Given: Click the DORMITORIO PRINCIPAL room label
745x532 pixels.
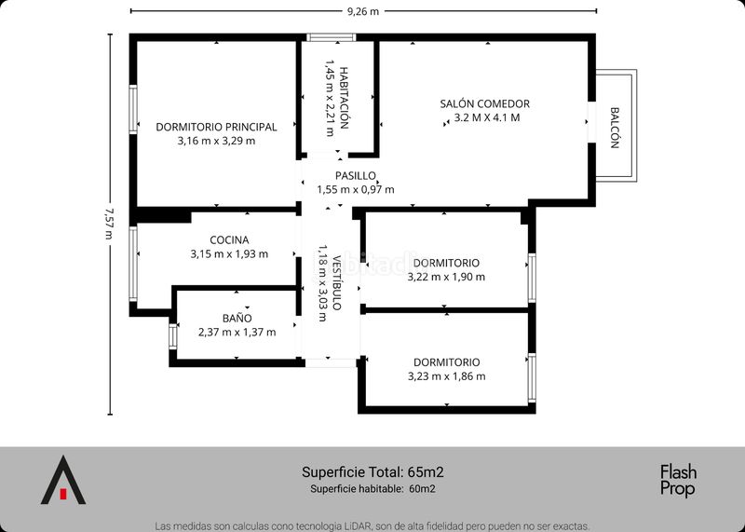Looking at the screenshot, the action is coord(216,127).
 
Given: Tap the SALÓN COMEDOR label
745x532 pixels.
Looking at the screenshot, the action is coord(484,103).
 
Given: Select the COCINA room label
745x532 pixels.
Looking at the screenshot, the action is coord(229,240).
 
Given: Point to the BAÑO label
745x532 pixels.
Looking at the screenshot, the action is coord(237,318).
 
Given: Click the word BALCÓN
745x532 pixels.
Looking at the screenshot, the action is coord(615,128).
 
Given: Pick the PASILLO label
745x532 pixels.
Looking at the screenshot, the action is coord(356,176).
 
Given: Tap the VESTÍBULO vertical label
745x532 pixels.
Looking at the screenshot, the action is coord(336,283).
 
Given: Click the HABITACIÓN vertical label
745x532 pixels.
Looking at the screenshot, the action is coord(344,98).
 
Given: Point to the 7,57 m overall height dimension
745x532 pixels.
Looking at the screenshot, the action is coord(110,224).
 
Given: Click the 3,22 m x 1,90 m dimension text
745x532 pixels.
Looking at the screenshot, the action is coord(446,277).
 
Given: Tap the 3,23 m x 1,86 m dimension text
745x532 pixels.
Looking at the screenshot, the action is coord(447,376).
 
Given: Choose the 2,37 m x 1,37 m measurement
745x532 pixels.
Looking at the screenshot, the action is coord(237,332).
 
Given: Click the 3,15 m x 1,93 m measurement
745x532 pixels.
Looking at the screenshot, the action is coord(229,253).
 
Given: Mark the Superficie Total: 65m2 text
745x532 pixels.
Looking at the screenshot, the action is coord(373,472).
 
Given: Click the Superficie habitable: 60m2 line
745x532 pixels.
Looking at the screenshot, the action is coord(373,488).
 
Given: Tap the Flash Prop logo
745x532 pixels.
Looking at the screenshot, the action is coord(678,481).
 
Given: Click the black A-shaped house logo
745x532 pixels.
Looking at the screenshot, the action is coord(63,480).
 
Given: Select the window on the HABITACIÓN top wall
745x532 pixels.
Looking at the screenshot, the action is coord(332,37).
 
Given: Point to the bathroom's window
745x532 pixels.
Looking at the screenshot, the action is coord(173,336).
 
